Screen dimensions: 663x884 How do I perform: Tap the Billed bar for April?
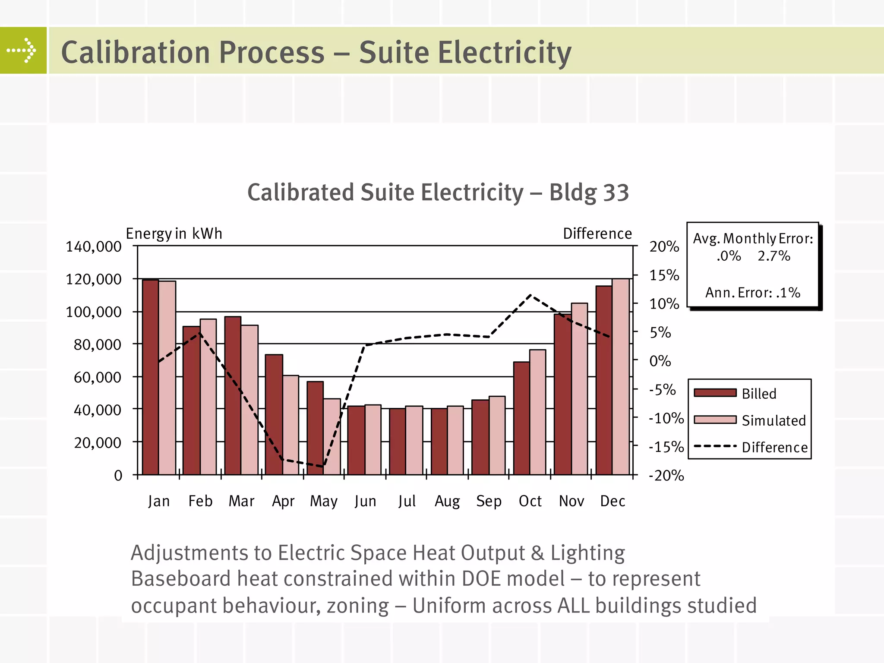click(x=274, y=414)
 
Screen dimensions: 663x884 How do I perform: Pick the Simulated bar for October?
click(x=537, y=412)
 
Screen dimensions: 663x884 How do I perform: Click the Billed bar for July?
click(x=397, y=441)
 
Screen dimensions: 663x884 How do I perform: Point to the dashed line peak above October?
click(x=530, y=295)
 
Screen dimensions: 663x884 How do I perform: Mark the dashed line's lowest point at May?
click(x=323, y=466)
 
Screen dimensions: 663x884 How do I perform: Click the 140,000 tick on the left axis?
click(x=93, y=246)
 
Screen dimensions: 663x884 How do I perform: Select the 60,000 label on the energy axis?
click(x=97, y=377)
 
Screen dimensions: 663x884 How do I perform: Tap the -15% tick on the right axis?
click(x=666, y=447)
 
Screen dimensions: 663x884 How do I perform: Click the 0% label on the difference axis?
click(x=660, y=361)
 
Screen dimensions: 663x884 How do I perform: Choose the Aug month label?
click(x=447, y=501)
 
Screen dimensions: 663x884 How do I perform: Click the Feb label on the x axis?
click(x=200, y=501)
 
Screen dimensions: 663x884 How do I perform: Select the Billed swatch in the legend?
click(x=715, y=393)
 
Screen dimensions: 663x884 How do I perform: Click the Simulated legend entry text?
click(x=773, y=420)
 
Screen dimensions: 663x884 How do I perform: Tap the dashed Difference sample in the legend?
click(x=715, y=446)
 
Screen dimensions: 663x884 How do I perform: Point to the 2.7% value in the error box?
click(x=773, y=256)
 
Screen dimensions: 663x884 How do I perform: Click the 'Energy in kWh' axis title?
click(x=174, y=234)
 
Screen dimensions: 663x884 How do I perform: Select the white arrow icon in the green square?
click(x=22, y=51)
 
